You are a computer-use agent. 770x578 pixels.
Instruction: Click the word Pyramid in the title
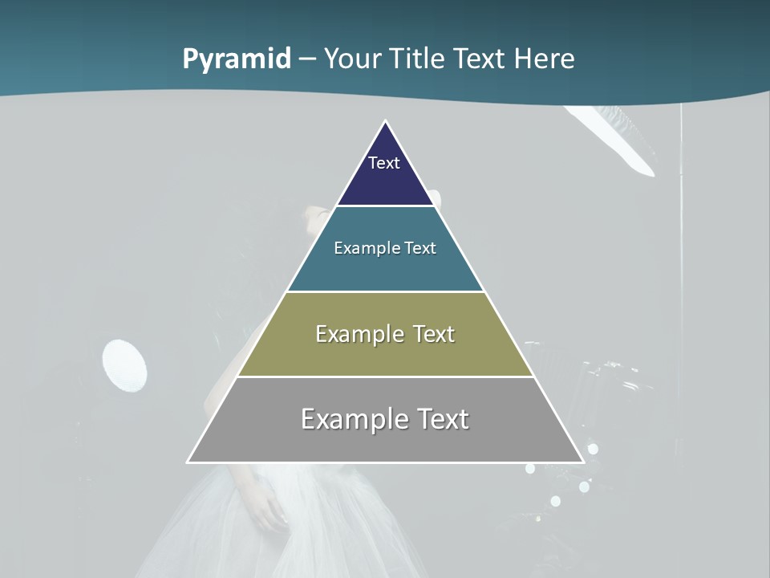tap(237, 59)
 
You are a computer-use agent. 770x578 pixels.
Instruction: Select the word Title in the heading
tap(416, 59)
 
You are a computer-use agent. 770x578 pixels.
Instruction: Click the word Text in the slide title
tap(480, 59)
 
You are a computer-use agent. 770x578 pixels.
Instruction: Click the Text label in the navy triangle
tap(384, 163)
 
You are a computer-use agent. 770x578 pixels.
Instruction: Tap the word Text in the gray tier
tap(442, 419)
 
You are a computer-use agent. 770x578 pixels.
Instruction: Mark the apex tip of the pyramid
tap(386, 122)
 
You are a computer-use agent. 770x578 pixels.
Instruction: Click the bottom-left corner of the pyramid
tap(188, 462)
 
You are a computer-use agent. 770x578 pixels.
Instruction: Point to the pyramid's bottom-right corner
tap(583, 462)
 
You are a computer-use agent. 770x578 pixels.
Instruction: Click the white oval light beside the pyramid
tap(125, 366)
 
